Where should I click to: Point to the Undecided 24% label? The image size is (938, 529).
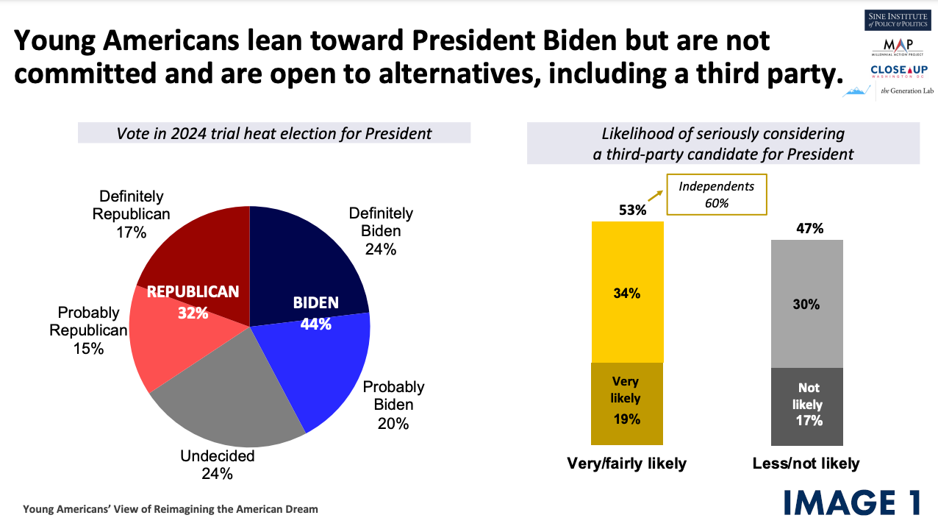click(x=218, y=465)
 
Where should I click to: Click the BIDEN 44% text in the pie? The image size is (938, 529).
click(x=316, y=313)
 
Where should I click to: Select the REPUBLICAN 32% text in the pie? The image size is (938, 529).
click(x=193, y=302)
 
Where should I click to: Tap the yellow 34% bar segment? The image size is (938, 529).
click(x=627, y=292)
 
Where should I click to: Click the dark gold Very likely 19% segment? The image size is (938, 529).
click(x=627, y=404)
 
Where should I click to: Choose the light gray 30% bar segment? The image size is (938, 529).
click(x=807, y=304)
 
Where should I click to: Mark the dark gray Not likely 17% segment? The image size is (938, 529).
click(x=807, y=407)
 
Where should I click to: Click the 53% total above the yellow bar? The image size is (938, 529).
click(x=632, y=210)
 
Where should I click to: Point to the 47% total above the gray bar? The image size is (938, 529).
click(x=810, y=229)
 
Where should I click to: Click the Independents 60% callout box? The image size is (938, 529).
click(x=717, y=194)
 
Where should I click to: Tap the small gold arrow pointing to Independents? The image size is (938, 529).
click(x=655, y=196)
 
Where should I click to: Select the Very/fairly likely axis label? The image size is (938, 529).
click(x=626, y=464)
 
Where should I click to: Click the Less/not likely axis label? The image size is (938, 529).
click(x=806, y=464)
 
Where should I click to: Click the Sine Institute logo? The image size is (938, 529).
click(x=898, y=20)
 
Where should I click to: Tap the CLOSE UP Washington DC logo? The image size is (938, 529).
click(x=899, y=71)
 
